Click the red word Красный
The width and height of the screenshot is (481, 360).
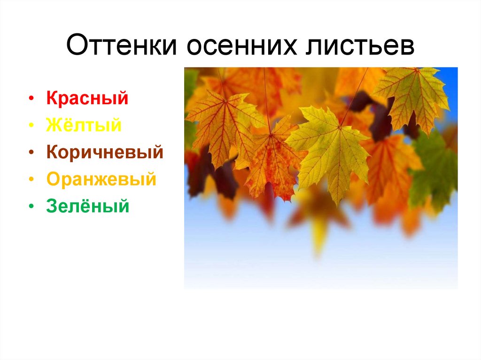87,99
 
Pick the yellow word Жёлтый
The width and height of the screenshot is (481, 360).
84,125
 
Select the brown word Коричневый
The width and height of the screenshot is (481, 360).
105,153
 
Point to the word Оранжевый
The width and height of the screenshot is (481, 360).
101,179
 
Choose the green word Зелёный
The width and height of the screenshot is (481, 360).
87,206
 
